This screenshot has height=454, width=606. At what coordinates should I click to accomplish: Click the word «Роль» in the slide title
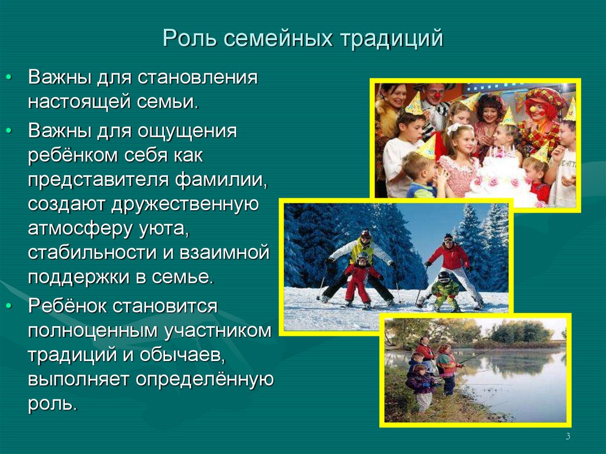point(189,38)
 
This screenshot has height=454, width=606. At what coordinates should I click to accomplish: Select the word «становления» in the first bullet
point(197,78)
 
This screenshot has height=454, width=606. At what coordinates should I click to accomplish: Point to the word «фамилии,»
point(221,180)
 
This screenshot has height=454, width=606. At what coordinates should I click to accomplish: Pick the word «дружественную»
point(185,205)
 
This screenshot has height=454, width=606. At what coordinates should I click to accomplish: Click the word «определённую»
point(204,380)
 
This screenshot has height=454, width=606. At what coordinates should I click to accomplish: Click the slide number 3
point(568,436)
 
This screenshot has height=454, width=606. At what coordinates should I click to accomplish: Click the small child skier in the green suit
point(444,291)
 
